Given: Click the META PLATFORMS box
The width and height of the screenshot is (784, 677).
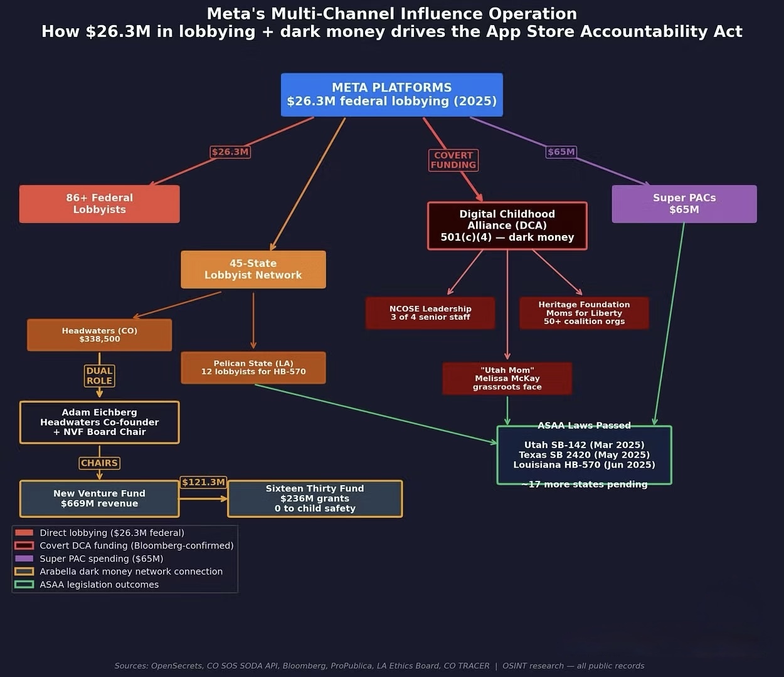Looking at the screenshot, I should [x=392, y=95].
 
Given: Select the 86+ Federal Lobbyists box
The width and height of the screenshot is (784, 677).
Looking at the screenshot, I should [x=99, y=204].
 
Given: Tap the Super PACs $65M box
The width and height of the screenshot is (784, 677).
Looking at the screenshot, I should [x=684, y=204].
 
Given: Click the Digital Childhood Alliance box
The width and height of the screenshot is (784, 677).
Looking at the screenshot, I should [x=507, y=226].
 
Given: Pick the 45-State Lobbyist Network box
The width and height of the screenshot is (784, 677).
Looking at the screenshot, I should [x=253, y=270].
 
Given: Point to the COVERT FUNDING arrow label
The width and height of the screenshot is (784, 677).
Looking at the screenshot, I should [x=453, y=160].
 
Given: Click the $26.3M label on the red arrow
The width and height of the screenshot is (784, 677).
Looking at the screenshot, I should [x=230, y=152].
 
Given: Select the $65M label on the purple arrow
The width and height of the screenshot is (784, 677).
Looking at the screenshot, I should [x=561, y=152].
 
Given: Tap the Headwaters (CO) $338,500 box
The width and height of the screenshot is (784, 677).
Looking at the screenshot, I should [x=99, y=335].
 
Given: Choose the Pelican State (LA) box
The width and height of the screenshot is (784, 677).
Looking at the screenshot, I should [x=253, y=367].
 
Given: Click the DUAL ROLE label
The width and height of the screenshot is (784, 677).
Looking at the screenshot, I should [x=99, y=375].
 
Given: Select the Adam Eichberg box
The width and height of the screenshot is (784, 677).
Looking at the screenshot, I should [x=99, y=422].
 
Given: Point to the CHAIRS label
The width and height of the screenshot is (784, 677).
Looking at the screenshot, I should [x=99, y=463].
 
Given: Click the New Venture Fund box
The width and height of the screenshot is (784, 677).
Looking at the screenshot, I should [x=99, y=498].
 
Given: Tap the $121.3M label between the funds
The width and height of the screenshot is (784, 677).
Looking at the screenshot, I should [x=203, y=482].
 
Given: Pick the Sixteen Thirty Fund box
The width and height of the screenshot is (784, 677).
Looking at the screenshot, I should [x=315, y=498].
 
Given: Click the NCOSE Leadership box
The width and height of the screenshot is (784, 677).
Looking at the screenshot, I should [x=430, y=313].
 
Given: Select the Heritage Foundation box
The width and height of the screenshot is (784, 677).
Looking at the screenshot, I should [x=584, y=313].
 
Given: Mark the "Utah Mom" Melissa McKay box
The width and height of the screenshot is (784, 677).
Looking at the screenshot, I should [x=507, y=379].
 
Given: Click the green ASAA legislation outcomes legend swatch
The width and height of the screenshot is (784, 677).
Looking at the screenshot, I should [x=24, y=584].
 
